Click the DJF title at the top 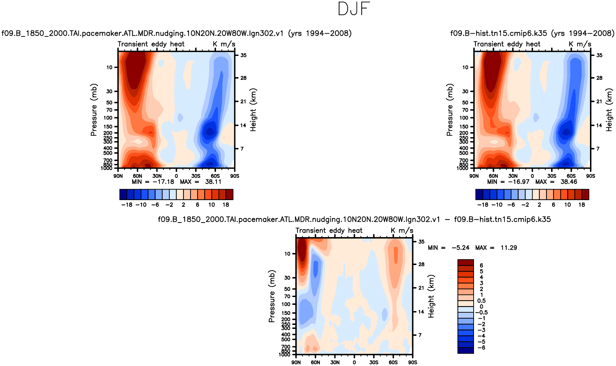point(354,9)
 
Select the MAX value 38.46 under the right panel point(569,182)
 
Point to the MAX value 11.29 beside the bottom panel point(508,248)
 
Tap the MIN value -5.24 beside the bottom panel point(461,248)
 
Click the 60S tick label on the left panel point(215,176)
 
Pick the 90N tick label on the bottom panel point(296,362)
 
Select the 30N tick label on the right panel point(513,176)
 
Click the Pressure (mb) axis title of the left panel point(94,110)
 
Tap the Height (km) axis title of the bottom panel point(431,296)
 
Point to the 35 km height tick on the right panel point(599,56)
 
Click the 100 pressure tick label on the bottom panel point(286,304)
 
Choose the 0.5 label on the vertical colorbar point(482,301)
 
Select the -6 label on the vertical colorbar point(482,348)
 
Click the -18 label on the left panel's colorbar point(127,205)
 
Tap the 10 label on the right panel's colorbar point(567,205)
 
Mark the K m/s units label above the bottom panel point(402,231)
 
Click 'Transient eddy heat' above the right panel point(507,44)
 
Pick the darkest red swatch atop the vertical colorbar point(466,262)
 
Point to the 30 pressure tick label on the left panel point(109,91)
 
